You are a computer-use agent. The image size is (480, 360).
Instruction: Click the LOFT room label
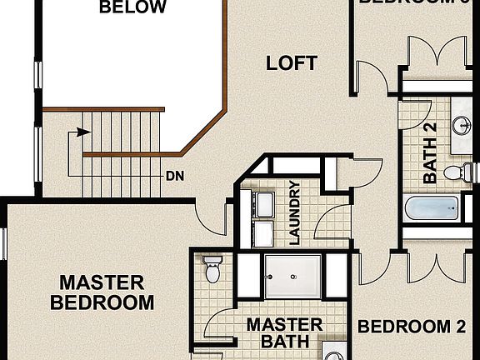coord(291,62)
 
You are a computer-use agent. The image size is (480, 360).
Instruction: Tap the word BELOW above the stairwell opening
coord(132,8)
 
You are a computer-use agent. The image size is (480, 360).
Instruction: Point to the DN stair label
coord(175,176)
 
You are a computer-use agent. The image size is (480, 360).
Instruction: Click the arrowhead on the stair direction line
coord(82,131)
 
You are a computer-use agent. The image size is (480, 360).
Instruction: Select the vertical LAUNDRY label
coord(293,212)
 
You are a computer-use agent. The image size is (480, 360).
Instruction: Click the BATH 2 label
coord(430,152)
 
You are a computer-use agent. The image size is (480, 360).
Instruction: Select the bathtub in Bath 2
coord(432,208)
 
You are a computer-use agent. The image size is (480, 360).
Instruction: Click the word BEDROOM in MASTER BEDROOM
coord(102,302)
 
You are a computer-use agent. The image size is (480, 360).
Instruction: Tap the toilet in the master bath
coord(212,269)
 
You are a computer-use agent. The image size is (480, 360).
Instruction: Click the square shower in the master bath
coord(292,276)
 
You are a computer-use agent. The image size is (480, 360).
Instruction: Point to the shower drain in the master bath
coord(292,276)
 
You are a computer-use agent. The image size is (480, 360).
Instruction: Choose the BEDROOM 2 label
coord(411,327)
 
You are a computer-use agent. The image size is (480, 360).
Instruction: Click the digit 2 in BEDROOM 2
coord(460,327)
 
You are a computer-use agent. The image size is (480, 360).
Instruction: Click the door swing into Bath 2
coord(413,112)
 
